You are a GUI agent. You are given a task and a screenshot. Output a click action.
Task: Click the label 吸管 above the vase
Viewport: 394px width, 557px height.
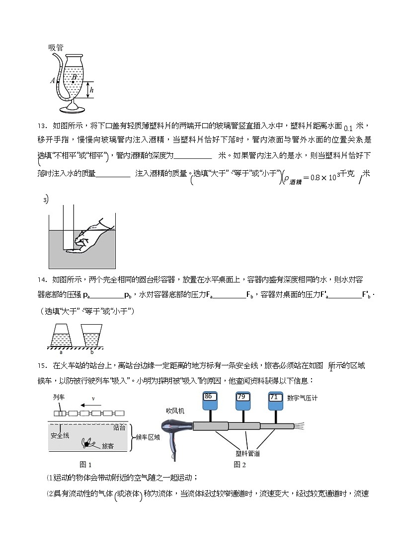coord(56,48)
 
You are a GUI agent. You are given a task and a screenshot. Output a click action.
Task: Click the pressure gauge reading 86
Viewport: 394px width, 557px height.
coord(209,397)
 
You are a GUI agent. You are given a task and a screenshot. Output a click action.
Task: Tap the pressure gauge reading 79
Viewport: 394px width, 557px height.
coord(241,397)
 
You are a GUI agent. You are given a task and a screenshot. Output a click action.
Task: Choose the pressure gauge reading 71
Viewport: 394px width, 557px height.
coord(274,397)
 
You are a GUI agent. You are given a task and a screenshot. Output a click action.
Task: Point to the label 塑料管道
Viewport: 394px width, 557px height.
coord(248,453)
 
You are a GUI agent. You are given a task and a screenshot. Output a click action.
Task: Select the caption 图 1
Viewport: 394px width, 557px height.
coord(86,465)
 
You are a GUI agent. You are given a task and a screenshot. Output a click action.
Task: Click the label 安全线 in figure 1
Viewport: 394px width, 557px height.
coord(60,435)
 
